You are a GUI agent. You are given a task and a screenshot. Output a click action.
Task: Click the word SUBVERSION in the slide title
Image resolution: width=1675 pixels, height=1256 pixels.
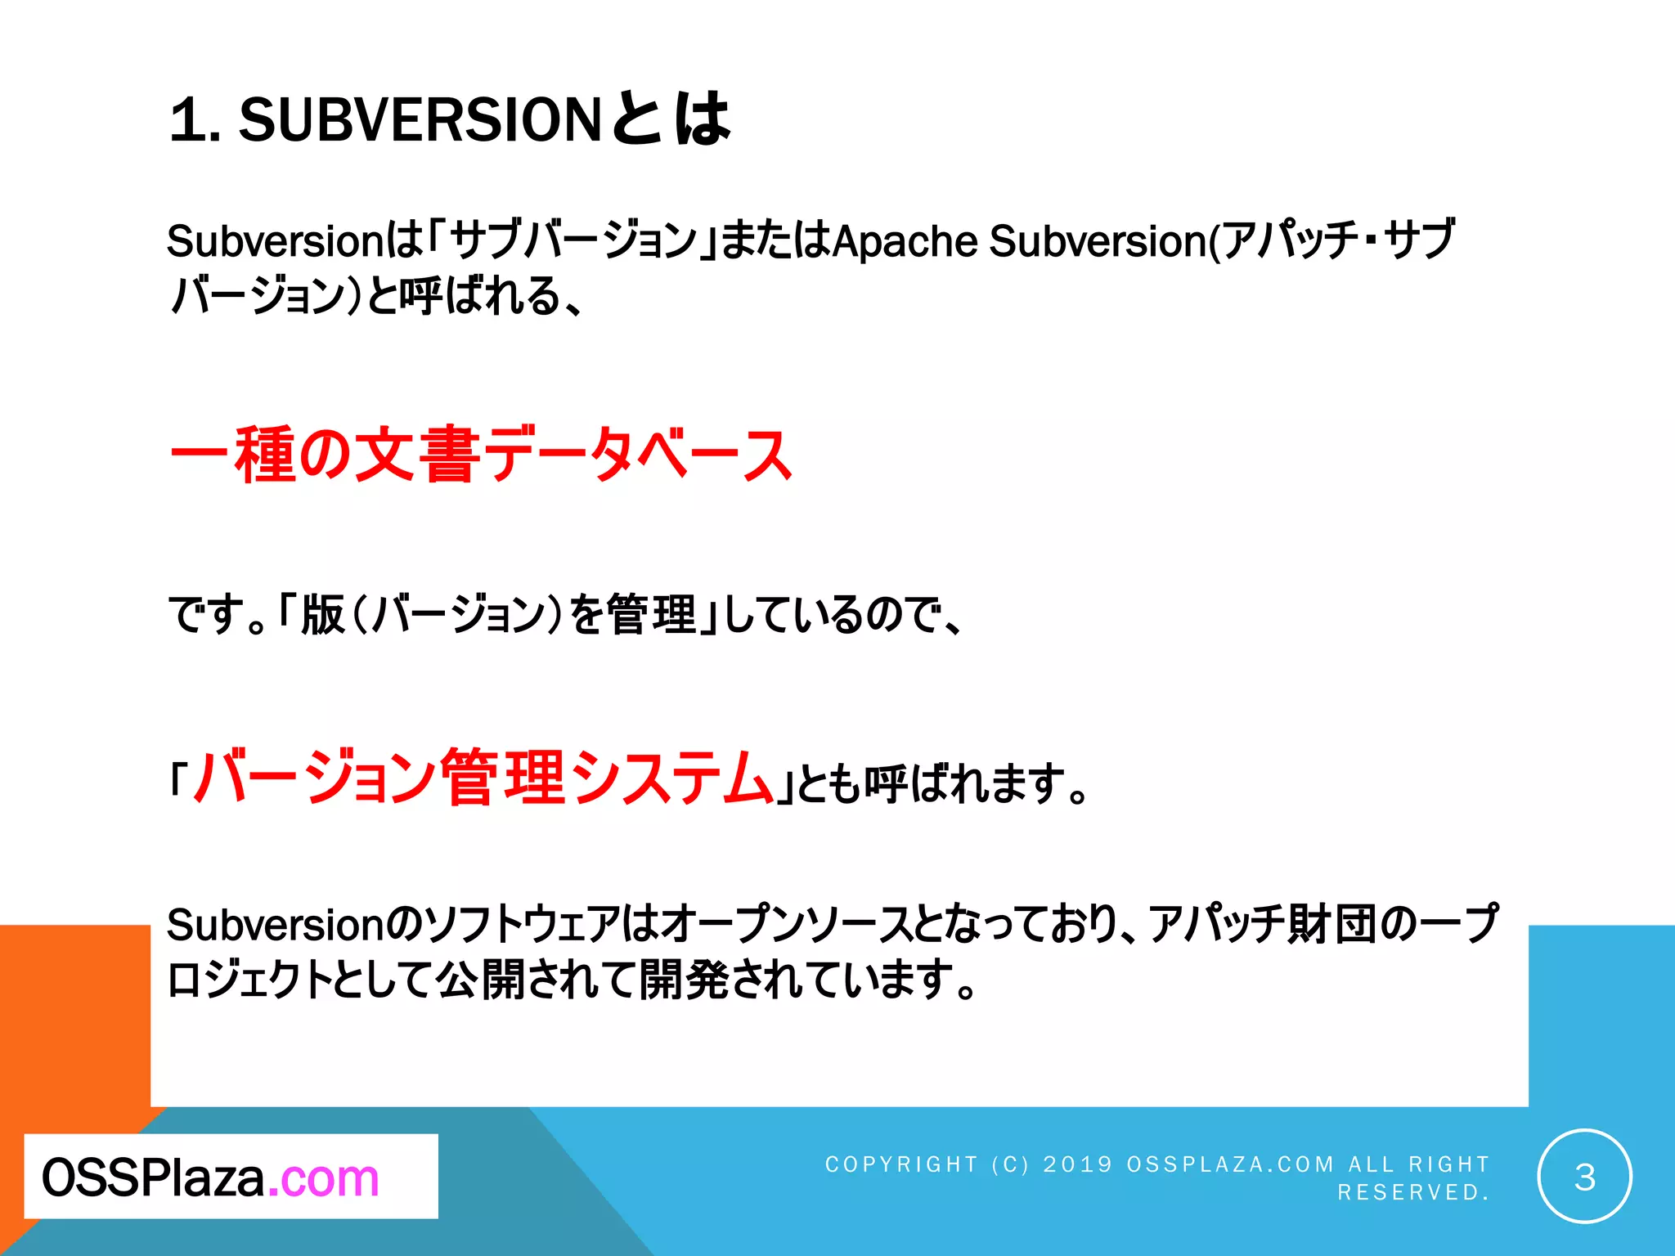420,120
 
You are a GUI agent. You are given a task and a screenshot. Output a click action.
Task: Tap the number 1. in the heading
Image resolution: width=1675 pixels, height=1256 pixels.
195,120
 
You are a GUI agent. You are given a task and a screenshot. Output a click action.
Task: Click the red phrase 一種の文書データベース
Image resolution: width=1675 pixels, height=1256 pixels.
481,455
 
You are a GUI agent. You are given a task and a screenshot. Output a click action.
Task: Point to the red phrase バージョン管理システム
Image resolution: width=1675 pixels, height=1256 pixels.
483,778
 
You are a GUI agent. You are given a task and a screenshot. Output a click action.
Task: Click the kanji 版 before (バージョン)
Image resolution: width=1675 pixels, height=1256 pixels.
322,615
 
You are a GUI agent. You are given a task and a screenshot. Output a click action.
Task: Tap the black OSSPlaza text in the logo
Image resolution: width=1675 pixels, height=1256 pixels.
153,1178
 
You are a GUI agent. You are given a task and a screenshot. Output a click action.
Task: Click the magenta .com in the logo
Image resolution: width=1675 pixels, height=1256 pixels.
324,1178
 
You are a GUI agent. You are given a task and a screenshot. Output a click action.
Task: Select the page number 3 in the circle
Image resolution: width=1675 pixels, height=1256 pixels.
1584,1177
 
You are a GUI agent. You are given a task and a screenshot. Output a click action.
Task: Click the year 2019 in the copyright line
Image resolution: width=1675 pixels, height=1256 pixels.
1078,1164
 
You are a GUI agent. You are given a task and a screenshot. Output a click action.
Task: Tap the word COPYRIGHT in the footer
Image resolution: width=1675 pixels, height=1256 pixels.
901,1164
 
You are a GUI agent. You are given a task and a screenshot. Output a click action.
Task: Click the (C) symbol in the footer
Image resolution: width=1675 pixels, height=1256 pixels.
1010,1164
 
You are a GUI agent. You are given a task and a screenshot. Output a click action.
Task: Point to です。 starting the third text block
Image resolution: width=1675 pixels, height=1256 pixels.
218,615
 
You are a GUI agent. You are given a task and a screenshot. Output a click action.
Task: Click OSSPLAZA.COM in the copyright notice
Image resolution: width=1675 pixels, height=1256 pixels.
1230,1164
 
